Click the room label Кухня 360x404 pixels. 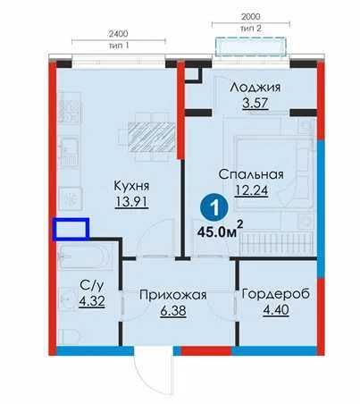(130, 185)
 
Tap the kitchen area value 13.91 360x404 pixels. (130, 202)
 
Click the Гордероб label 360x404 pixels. (271, 294)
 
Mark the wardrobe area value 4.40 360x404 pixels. (271, 311)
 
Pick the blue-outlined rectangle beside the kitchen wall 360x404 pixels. (71, 230)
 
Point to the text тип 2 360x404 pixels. (251, 29)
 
